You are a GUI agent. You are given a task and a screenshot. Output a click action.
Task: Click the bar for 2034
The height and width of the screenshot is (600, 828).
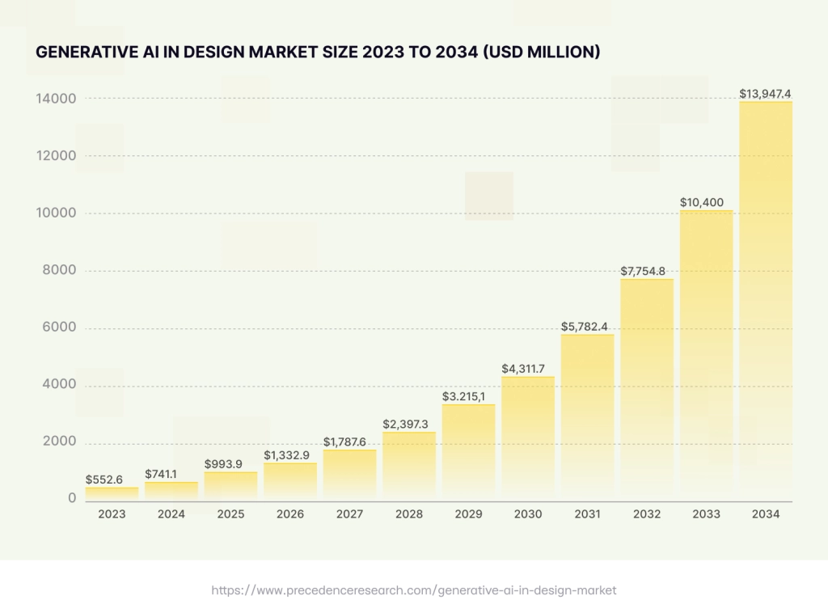coord(766,299)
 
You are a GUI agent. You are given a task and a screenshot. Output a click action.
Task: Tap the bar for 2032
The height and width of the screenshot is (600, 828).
coord(647,388)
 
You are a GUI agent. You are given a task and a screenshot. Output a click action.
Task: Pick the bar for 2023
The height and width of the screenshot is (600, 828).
coord(112,492)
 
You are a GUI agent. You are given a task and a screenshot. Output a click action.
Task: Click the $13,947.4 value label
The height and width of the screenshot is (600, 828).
coord(766,94)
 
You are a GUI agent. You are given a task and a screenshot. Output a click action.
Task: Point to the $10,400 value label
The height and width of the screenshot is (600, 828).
coord(706,201)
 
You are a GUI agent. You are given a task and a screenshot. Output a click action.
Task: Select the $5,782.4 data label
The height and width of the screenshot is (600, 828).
coord(587,327)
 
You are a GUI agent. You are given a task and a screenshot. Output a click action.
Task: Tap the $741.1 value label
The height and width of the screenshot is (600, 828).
coord(171,473)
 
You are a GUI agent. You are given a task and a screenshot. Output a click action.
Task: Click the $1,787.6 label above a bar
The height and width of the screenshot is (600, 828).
coord(349,442)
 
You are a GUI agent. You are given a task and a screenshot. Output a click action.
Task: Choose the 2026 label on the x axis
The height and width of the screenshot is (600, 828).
coord(290,514)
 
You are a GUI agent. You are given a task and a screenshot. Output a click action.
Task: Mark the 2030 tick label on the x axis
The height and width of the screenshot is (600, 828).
coord(528,514)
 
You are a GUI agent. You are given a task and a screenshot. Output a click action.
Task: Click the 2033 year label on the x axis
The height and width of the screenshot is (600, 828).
coord(706,514)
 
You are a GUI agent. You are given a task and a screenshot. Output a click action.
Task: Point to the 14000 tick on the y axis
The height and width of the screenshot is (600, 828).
coord(56,99)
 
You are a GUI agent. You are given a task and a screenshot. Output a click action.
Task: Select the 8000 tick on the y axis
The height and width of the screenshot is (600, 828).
coord(59,270)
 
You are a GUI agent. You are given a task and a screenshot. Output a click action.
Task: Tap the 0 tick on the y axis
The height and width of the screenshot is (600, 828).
coord(72,499)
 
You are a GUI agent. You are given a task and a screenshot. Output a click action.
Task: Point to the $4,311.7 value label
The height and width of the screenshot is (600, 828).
coord(528,369)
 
